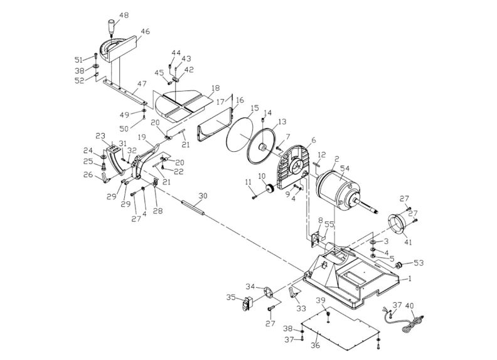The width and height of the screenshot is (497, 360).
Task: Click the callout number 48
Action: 124,14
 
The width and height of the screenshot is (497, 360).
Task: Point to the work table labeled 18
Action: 185,103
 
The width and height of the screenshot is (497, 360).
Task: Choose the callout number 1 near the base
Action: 410,277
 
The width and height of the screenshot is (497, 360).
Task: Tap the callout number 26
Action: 87,175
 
